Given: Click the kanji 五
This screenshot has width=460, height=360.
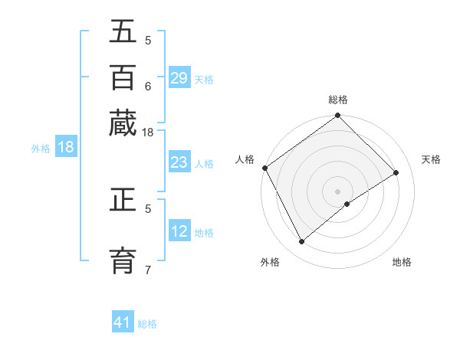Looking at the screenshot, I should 123,33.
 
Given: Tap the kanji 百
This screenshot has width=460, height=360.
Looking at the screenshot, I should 123,77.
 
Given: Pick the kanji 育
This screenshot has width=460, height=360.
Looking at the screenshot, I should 123,257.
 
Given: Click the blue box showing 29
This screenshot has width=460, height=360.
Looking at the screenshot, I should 179,78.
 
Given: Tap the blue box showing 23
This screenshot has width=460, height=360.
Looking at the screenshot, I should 179,162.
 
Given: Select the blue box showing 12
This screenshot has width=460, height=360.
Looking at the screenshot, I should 179,231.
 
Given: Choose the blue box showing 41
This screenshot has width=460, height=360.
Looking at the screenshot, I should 123,322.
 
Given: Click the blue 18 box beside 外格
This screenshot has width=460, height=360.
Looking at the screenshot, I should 66,147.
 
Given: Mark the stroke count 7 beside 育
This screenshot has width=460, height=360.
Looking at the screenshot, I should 148,269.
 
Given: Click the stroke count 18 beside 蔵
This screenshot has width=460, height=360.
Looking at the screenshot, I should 148,133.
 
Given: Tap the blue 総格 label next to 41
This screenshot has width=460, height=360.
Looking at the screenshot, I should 147,324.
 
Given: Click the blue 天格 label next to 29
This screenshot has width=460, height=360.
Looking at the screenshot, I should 203,79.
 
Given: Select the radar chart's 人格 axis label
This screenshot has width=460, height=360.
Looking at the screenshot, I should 245,159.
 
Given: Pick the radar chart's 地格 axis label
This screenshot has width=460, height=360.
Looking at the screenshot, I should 402,263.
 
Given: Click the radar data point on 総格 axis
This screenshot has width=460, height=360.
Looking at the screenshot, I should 337,116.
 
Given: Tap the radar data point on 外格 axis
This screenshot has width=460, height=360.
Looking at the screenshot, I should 301,242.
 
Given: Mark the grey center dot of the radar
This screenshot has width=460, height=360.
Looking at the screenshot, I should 337,191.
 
